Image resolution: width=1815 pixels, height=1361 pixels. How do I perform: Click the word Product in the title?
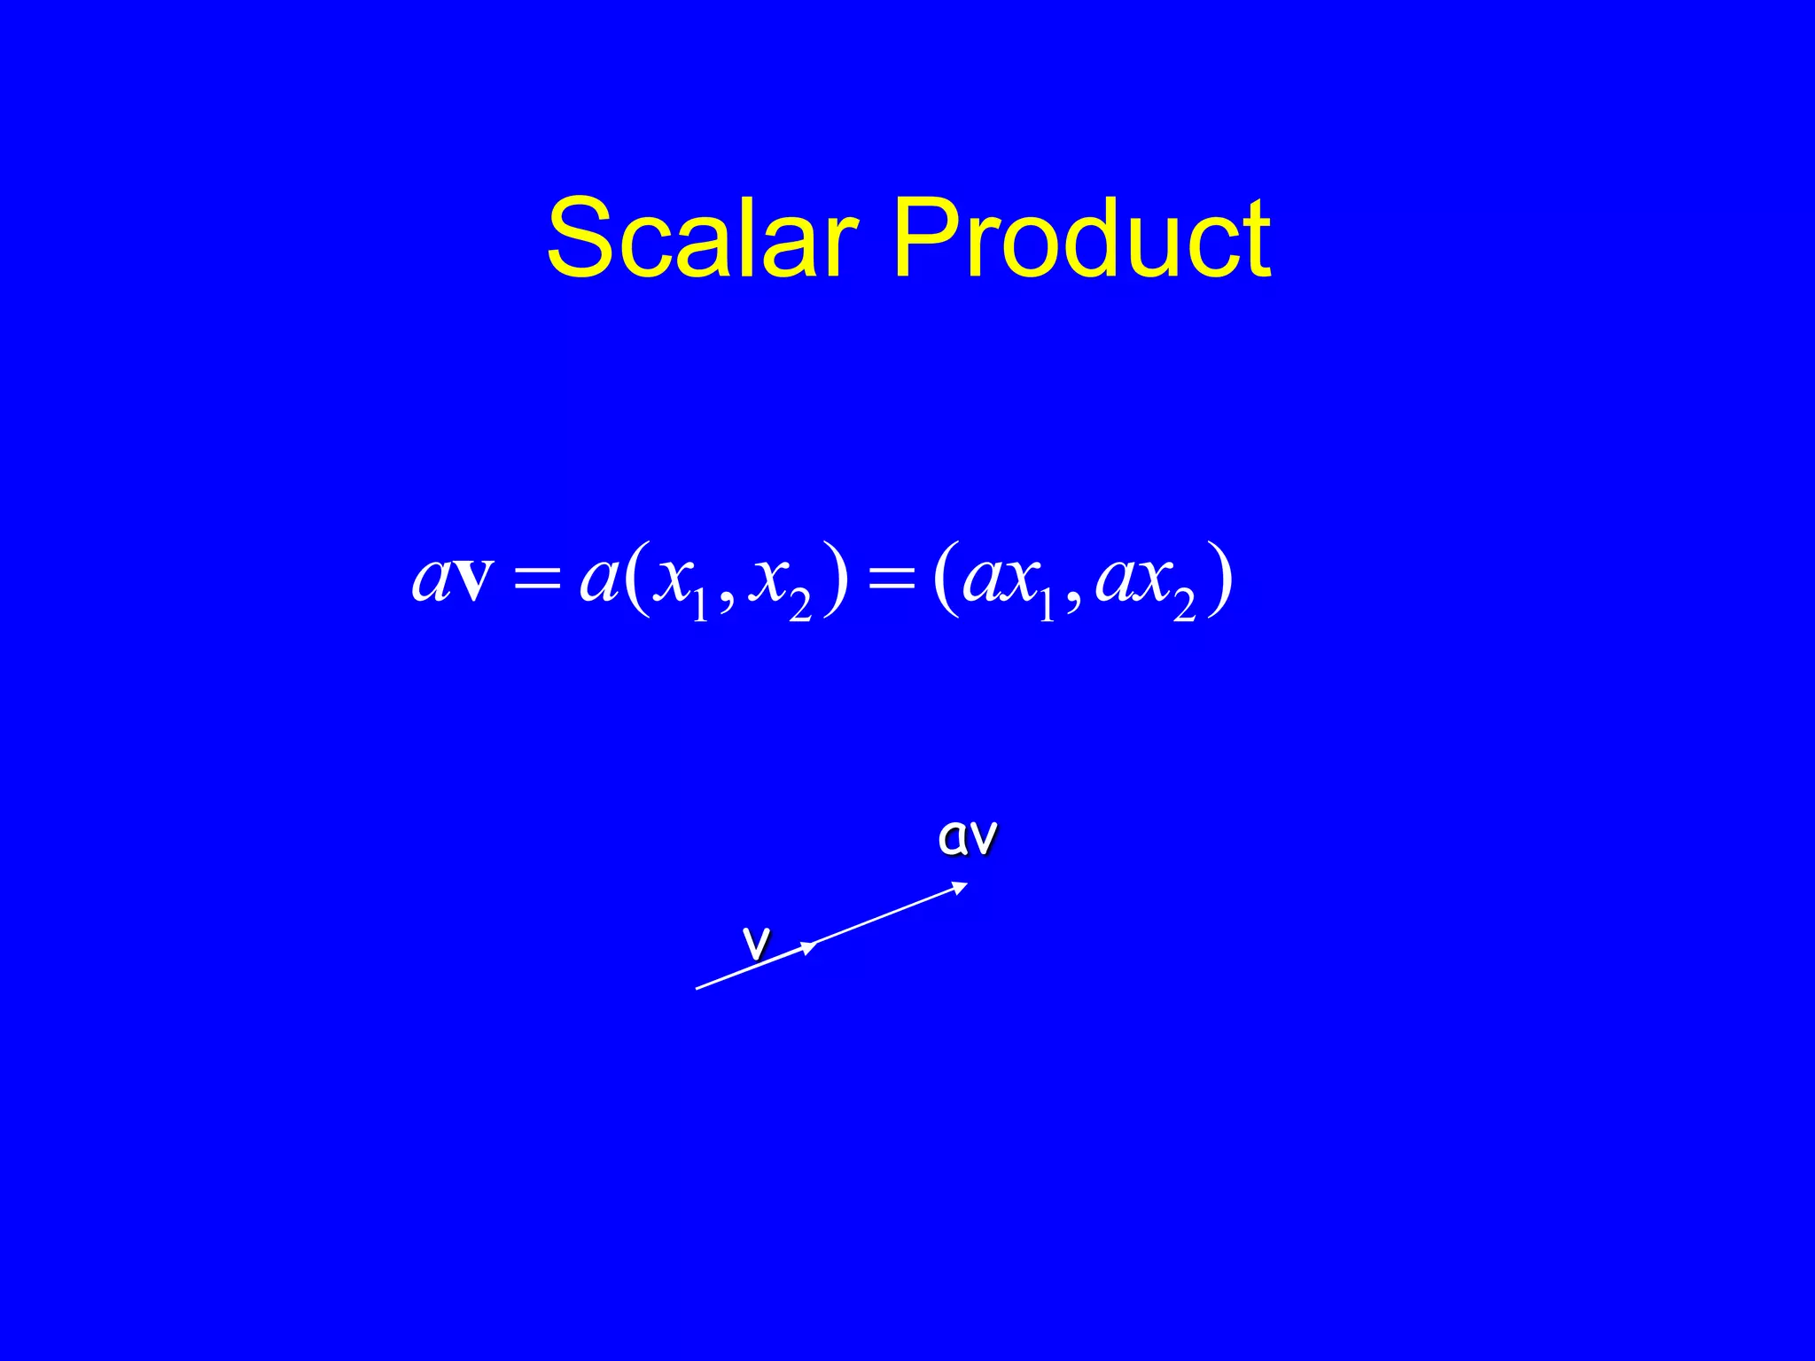point(1082,237)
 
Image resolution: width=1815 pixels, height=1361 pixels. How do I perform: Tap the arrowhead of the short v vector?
point(809,947)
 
